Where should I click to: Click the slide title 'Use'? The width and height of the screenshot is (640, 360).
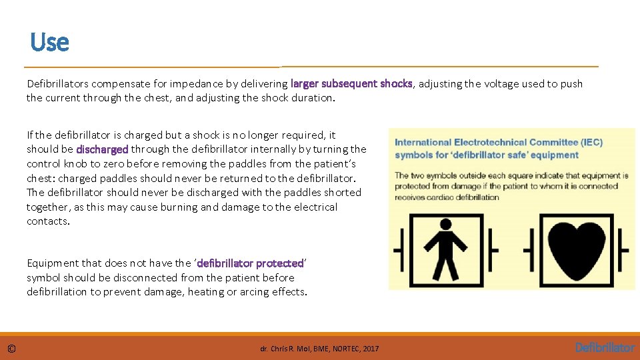[49, 42]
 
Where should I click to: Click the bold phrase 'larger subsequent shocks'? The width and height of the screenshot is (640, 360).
[351, 84]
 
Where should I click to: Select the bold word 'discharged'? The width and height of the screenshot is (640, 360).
[103, 149]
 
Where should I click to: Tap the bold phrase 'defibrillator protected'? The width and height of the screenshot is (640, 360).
[250, 263]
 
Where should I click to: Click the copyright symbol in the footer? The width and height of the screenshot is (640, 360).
[12, 348]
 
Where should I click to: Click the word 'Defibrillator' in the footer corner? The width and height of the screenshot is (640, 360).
[605, 347]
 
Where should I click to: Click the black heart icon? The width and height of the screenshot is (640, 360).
[575, 247]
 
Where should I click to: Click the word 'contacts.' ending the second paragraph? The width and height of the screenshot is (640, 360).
[48, 221]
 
